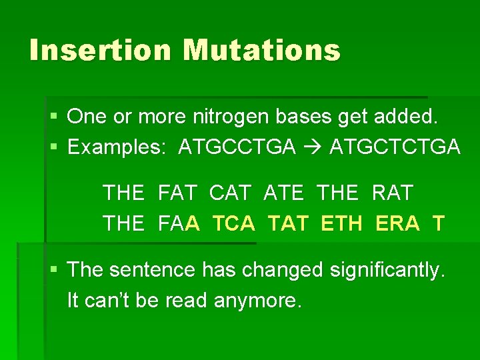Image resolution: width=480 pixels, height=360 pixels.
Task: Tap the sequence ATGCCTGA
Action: click(237, 147)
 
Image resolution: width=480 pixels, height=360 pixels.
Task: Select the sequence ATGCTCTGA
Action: click(395, 147)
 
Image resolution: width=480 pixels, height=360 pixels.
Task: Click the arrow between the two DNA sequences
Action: click(313, 147)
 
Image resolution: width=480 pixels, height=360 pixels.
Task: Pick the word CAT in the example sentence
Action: click(230, 193)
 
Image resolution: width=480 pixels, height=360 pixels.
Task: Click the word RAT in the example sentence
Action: click(393, 193)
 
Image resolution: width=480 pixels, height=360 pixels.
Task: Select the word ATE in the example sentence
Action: click(284, 193)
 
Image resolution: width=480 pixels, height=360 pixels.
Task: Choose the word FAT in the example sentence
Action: click(177, 193)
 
